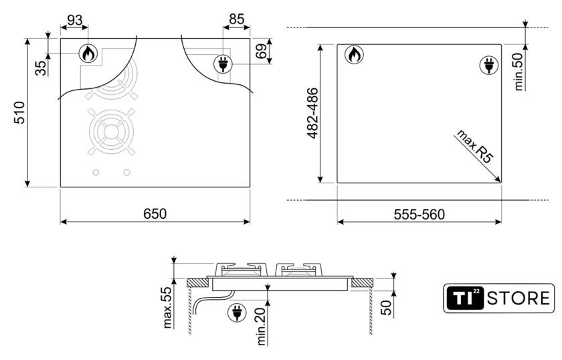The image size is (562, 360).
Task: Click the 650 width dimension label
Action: point(155,213)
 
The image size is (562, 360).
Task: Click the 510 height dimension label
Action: point(19,112)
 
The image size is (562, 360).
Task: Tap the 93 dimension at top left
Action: point(74,20)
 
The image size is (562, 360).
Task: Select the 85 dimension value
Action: point(237,19)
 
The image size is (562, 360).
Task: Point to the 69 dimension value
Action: point(262,51)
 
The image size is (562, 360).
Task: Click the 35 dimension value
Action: point(41,68)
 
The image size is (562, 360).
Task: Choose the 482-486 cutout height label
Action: point(312,113)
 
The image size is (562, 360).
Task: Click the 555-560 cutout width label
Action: point(419,214)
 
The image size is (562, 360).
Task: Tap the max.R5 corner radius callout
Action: point(474,147)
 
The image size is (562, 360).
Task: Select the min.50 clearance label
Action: point(519,71)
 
